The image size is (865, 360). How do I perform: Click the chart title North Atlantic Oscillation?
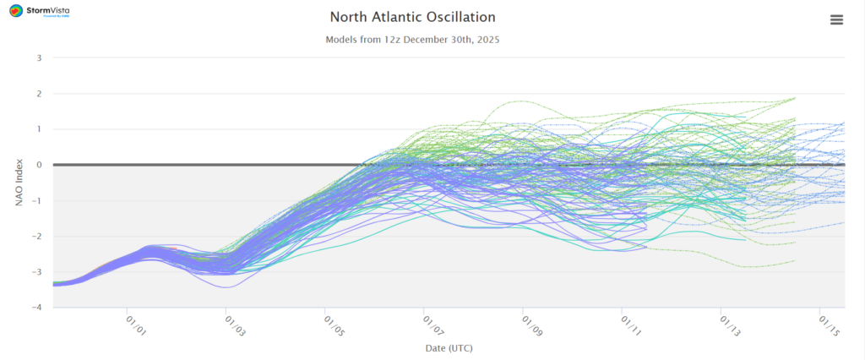point(412,17)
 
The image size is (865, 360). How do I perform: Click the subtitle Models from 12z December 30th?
point(412,40)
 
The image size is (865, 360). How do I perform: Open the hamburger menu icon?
point(836,19)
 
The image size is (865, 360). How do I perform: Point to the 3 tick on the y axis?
point(38,58)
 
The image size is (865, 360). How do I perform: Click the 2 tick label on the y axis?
point(38,94)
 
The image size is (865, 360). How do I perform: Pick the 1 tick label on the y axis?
point(38,129)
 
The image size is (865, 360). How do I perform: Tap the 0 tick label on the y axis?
point(38,165)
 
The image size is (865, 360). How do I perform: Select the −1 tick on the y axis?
point(36,201)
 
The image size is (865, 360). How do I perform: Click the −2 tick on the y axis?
point(36,237)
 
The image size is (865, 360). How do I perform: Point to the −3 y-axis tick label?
point(36,272)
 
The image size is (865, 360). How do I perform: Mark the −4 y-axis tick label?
point(36,308)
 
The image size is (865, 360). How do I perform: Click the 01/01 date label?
point(133,325)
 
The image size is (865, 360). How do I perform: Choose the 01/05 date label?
point(331,325)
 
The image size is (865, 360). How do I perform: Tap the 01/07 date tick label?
point(430,325)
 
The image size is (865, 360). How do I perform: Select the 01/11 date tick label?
point(628,325)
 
